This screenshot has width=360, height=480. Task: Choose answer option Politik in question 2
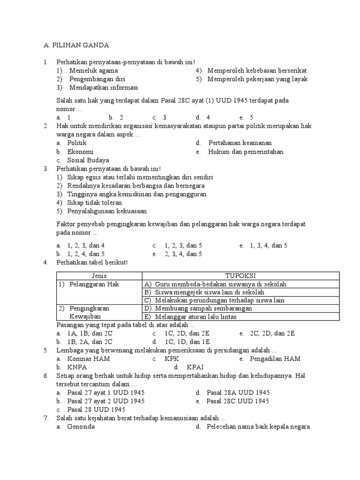click(x=77, y=143)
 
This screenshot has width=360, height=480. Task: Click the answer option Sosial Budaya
click(x=88, y=160)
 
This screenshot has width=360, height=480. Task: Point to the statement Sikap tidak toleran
click(x=95, y=203)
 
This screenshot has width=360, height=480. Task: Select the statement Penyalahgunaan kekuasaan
click(x=107, y=211)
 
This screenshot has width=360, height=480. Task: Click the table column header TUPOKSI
click(x=240, y=276)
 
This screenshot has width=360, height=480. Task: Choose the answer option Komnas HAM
click(x=89, y=359)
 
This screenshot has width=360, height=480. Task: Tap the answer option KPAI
click(x=195, y=367)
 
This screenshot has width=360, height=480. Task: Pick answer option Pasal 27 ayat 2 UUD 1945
click(x=106, y=401)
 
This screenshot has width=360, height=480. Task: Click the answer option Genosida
click(x=81, y=427)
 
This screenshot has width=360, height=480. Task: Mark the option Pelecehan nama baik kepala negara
click(x=258, y=427)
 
